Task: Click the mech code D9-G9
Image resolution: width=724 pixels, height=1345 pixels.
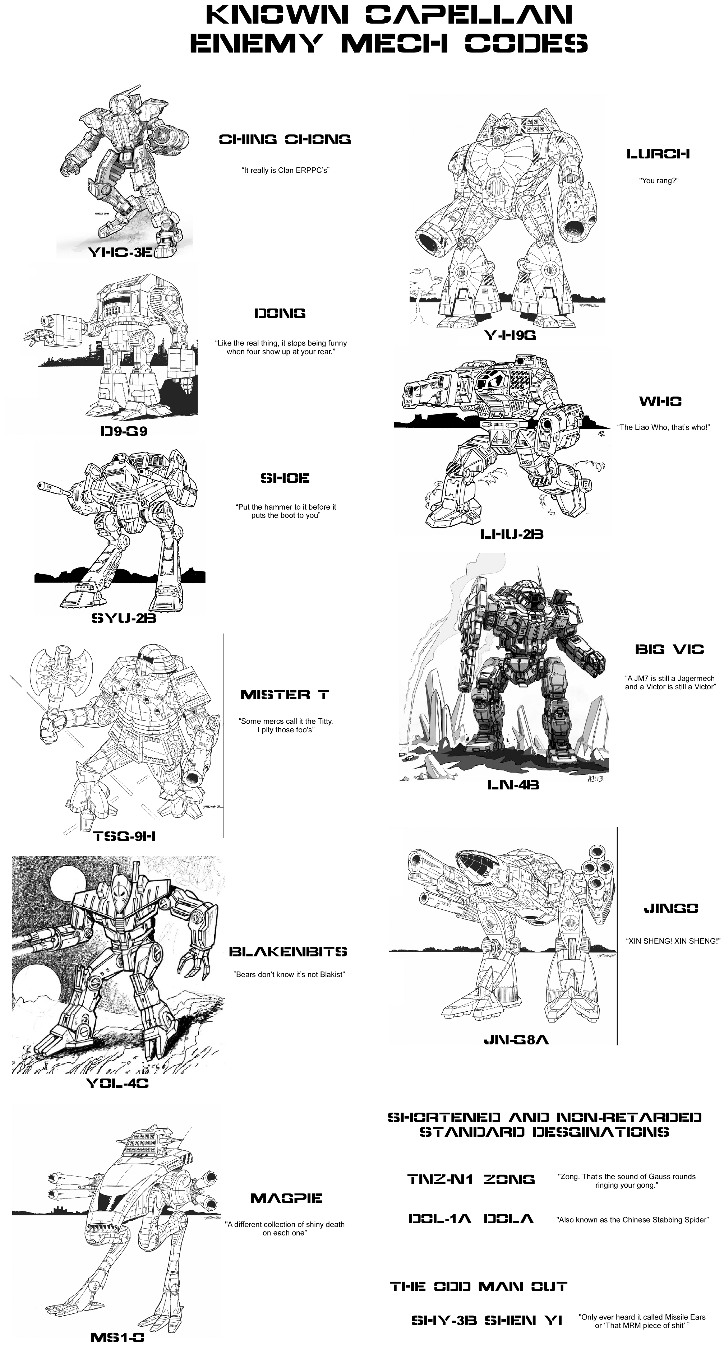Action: click(124, 431)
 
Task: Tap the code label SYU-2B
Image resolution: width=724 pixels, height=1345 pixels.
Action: click(124, 619)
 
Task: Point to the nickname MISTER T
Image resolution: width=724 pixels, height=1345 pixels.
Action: click(285, 695)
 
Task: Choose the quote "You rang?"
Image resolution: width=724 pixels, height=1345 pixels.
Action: click(659, 181)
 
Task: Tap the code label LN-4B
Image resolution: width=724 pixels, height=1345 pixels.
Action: click(513, 785)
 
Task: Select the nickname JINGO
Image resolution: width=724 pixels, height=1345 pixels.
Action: click(671, 909)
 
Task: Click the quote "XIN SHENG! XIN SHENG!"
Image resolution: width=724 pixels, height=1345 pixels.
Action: click(673, 941)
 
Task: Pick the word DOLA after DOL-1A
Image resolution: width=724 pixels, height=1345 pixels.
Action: click(509, 1219)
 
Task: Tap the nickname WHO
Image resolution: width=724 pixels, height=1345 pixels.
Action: click(660, 401)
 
